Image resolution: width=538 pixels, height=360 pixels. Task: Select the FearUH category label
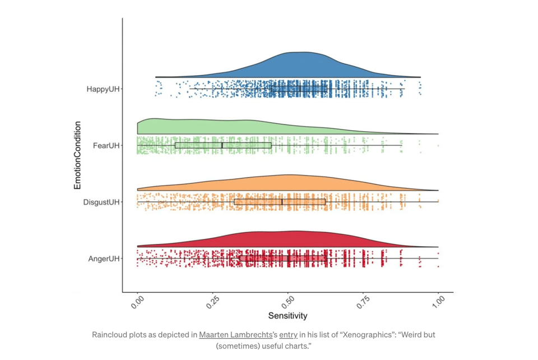[106, 145]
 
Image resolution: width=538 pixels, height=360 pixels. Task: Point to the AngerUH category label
[104, 259]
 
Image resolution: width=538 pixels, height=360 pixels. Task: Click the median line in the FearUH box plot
[222, 145]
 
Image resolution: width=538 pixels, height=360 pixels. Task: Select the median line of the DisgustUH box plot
[282, 201]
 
